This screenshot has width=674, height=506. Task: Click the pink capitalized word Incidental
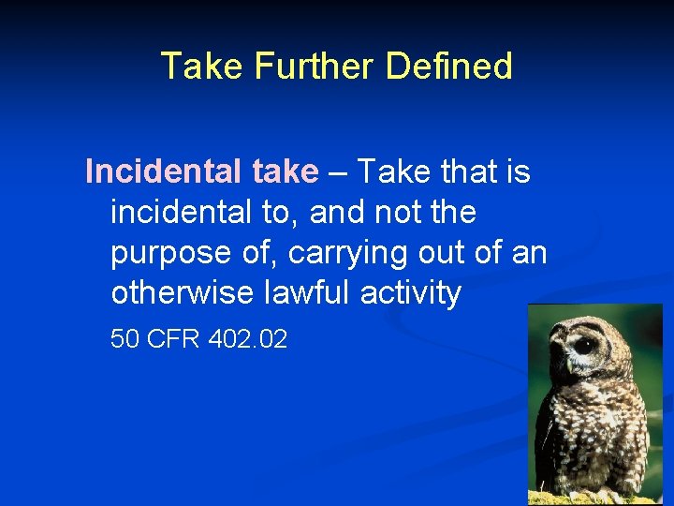click(x=165, y=172)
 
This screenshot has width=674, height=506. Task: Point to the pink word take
click(x=285, y=172)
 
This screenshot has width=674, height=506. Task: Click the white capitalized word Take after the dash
click(x=390, y=172)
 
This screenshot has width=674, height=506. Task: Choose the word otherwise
click(x=179, y=294)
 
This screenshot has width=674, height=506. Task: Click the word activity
click(x=415, y=294)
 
